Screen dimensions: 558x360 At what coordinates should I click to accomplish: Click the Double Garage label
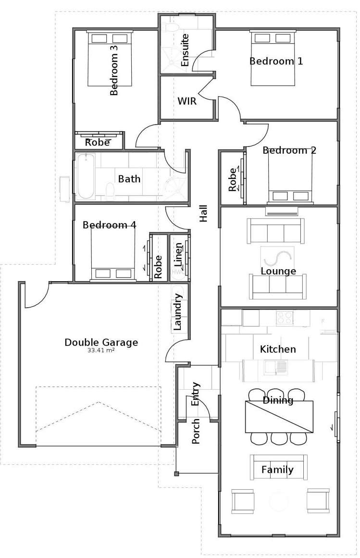(x=101, y=342)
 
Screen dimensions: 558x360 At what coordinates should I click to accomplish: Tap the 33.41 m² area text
(x=101, y=351)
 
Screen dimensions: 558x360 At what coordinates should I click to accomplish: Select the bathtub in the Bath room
(x=86, y=176)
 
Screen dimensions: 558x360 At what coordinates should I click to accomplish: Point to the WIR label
(x=186, y=101)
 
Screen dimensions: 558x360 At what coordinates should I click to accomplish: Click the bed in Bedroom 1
(x=273, y=58)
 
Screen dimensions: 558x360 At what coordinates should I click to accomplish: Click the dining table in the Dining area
(x=279, y=416)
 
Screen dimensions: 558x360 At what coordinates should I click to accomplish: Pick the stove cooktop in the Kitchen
(x=285, y=318)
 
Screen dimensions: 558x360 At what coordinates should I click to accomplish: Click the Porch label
(x=196, y=432)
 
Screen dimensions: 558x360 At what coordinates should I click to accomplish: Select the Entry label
(x=196, y=394)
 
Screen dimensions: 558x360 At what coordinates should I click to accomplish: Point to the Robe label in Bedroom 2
(x=233, y=179)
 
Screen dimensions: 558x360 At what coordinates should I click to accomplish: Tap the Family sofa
(x=278, y=467)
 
